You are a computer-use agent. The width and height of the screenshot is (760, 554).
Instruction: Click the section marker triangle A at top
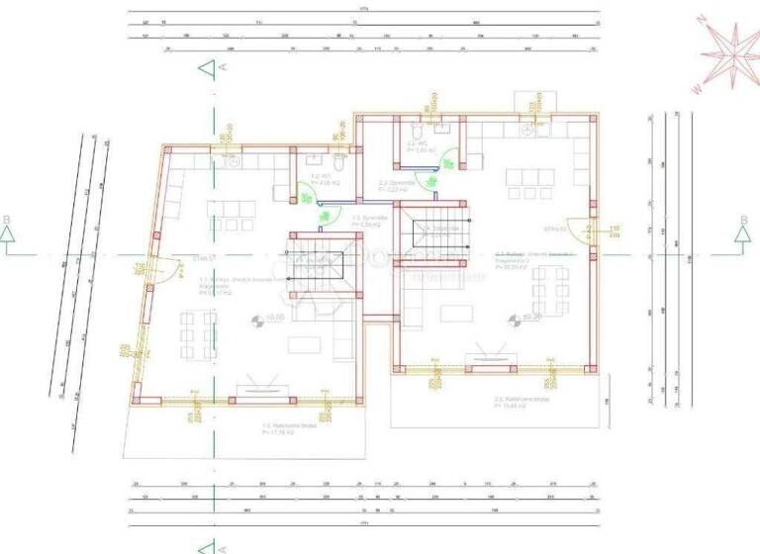206,68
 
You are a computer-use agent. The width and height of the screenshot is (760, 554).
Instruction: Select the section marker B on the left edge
8,233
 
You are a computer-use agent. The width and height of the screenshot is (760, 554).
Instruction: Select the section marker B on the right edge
742,233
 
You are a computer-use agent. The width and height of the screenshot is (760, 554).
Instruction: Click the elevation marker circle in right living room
514,320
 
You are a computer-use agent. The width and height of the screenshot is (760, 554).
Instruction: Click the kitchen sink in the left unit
231,161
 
